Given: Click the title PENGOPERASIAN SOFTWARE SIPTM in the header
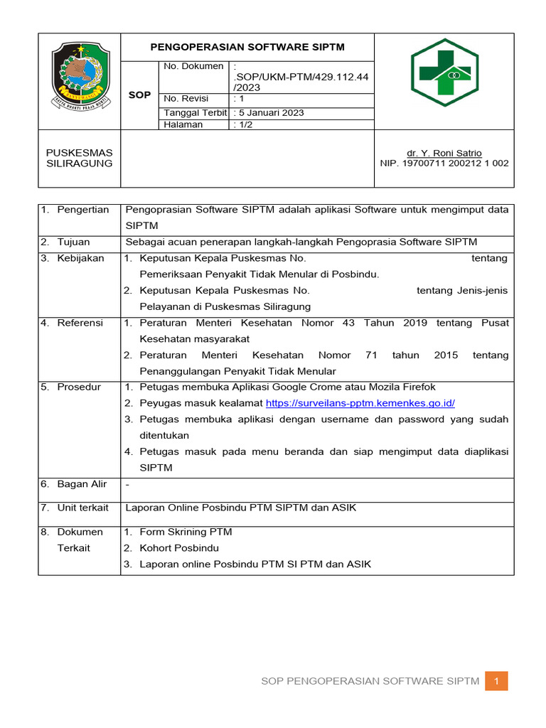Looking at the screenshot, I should click(x=247, y=47).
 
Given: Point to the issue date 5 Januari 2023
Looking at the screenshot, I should click(x=268, y=113).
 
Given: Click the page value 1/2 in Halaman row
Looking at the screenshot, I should click(x=242, y=124).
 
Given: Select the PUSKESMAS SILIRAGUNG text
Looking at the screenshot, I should click(x=79, y=158).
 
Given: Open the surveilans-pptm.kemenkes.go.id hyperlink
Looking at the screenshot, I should click(x=360, y=403).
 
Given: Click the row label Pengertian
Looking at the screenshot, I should click(x=82, y=210).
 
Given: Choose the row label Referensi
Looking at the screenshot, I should click(x=80, y=323).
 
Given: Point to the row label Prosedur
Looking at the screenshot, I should click(x=79, y=387).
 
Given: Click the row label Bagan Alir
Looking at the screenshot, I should click(x=82, y=484).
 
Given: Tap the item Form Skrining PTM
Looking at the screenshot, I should click(x=186, y=532).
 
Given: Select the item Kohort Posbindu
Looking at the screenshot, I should click(x=179, y=548).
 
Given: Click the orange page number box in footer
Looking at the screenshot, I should click(x=497, y=681).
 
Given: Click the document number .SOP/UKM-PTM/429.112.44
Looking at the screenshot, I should click(x=301, y=76).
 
